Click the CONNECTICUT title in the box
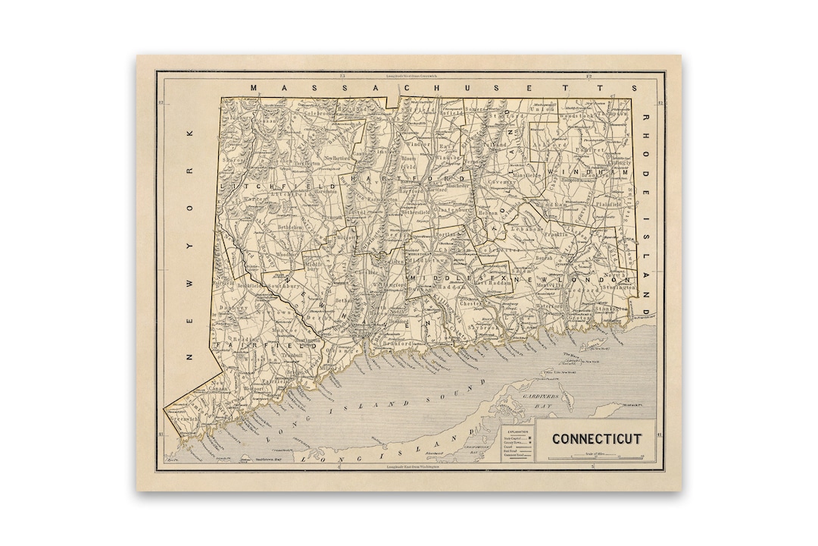596,438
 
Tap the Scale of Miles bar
595,457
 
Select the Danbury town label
228,308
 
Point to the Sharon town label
231,161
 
